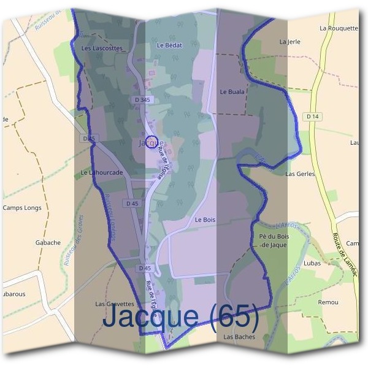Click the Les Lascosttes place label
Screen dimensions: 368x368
click(x=102, y=48)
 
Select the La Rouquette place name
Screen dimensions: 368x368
click(x=338, y=28)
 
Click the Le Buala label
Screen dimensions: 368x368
click(x=232, y=91)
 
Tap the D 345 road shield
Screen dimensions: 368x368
click(x=141, y=100)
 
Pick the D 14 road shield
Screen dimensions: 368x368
click(x=312, y=117)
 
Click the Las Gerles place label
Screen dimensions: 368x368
click(x=300, y=174)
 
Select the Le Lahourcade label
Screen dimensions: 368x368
click(x=102, y=173)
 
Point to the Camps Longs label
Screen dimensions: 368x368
click(x=22, y=208)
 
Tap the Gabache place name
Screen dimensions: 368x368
click(x=48, y=242)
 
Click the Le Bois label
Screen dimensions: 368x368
click(x=205, y=220)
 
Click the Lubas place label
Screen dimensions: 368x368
click(x=312, y=263)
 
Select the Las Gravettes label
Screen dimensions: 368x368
click(x=115, y=304)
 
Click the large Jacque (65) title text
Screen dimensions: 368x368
click(x=181, y=316)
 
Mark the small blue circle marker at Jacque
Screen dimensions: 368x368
click(x=152, y=142)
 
